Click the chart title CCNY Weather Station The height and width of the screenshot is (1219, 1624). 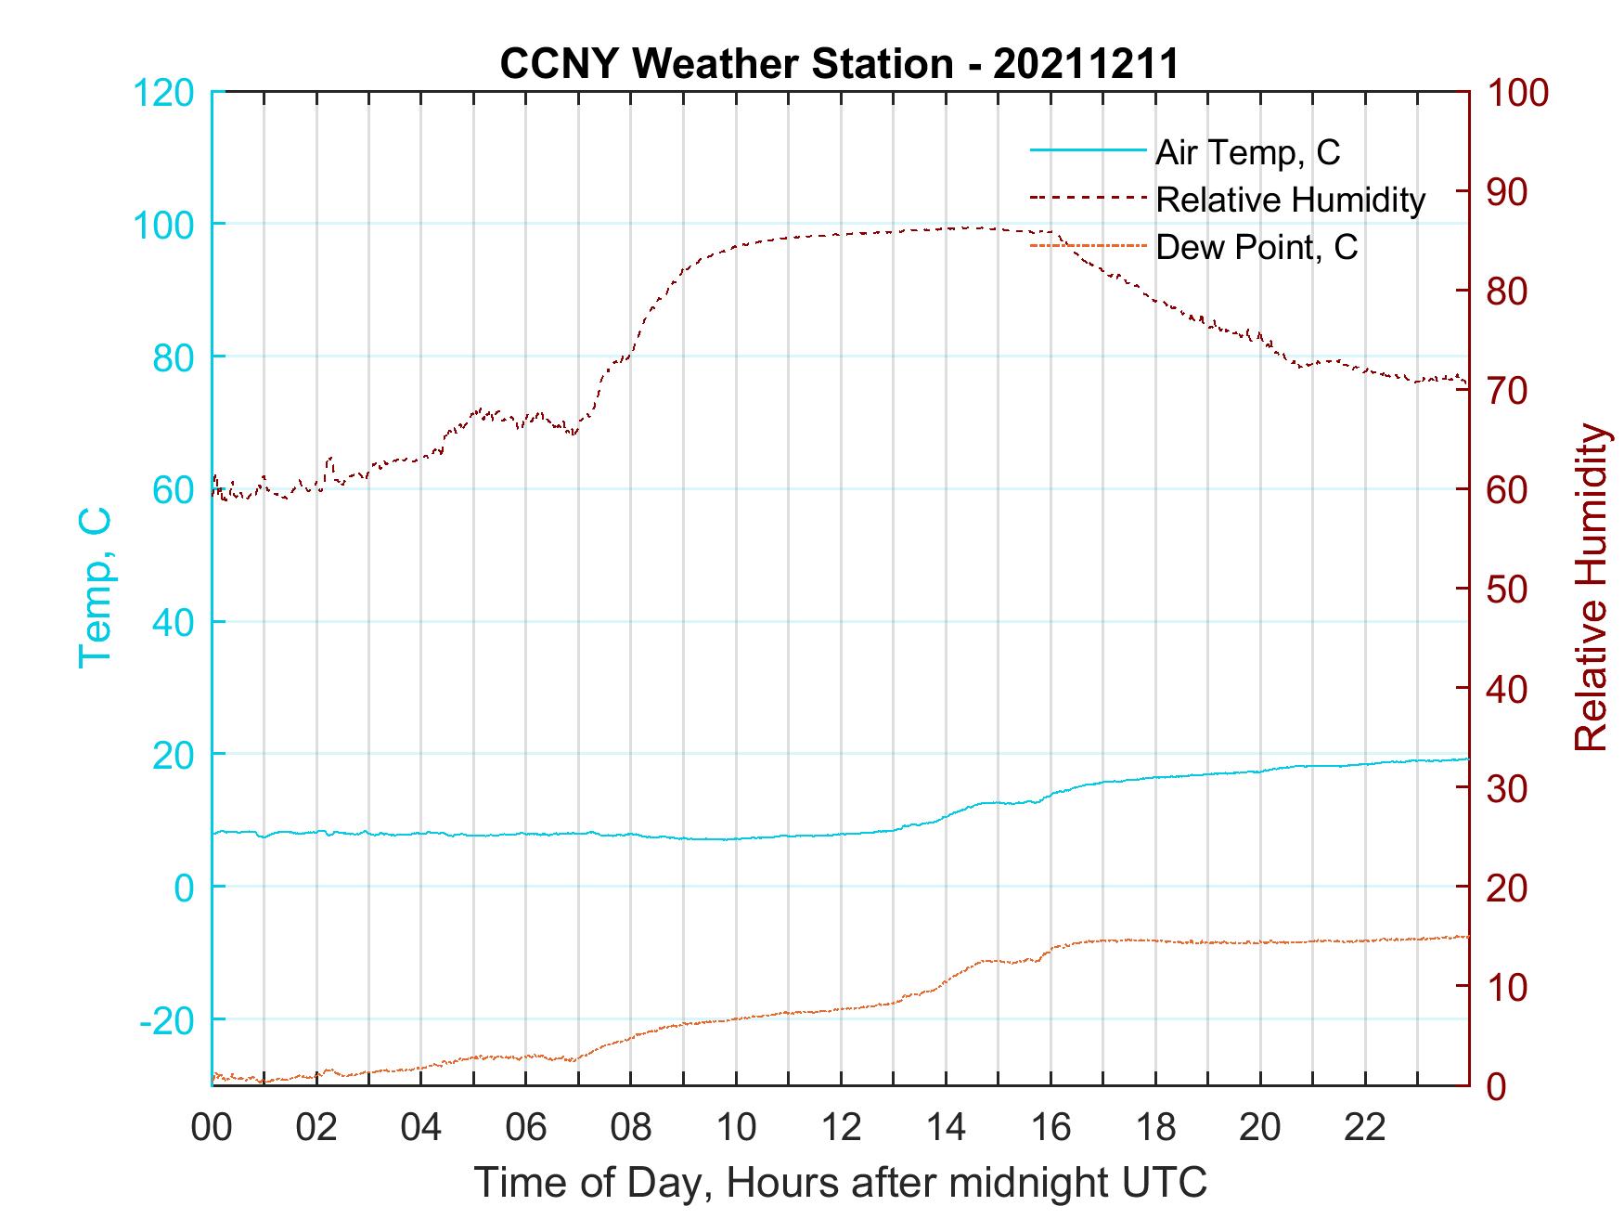point(839,64)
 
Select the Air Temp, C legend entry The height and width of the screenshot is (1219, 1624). point(1247,152)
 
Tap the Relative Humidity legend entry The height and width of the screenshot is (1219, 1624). point(1290,200)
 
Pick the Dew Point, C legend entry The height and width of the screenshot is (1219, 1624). point(1256,248)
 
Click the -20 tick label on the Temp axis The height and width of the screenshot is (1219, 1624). point(166,1020)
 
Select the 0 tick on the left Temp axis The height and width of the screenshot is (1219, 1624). point(186,888)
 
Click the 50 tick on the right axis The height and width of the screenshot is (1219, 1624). point(1506,590)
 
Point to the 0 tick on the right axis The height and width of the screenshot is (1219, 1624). point(1495,1085)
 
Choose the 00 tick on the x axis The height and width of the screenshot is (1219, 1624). point(212,1128)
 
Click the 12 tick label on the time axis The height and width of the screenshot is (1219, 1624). point(841,1128)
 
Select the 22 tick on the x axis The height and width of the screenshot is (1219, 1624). point(1365,1128)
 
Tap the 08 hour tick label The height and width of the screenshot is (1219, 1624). point(631,1128)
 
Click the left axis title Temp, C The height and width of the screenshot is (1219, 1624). point(95,588)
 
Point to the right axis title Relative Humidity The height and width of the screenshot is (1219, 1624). point(1591,588)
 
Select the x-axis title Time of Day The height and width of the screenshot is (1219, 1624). point(841,1183)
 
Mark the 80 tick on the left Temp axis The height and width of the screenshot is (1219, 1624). point(174,357)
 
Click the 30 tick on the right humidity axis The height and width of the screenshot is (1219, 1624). point(1506,788)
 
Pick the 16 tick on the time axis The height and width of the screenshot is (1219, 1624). point(1050,1128)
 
